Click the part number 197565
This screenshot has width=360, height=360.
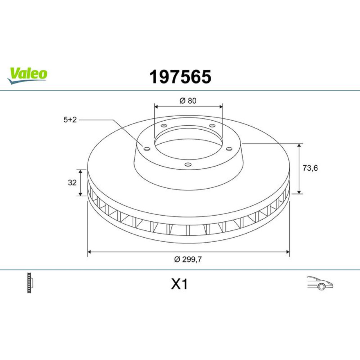[x=180, y=77]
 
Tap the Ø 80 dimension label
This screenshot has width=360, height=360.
[x=188, y=100]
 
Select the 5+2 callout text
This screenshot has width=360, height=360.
[x=70, y=120]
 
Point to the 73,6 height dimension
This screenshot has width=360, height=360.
[x=310, y=168]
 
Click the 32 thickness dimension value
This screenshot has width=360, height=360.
[x=72, y=183]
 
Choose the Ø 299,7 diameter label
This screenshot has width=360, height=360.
[x=188, y=260]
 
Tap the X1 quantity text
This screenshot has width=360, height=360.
[x=179, y=284]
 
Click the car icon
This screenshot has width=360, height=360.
[x=320, y=283]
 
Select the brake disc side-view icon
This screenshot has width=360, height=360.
[x=30, y=283]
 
